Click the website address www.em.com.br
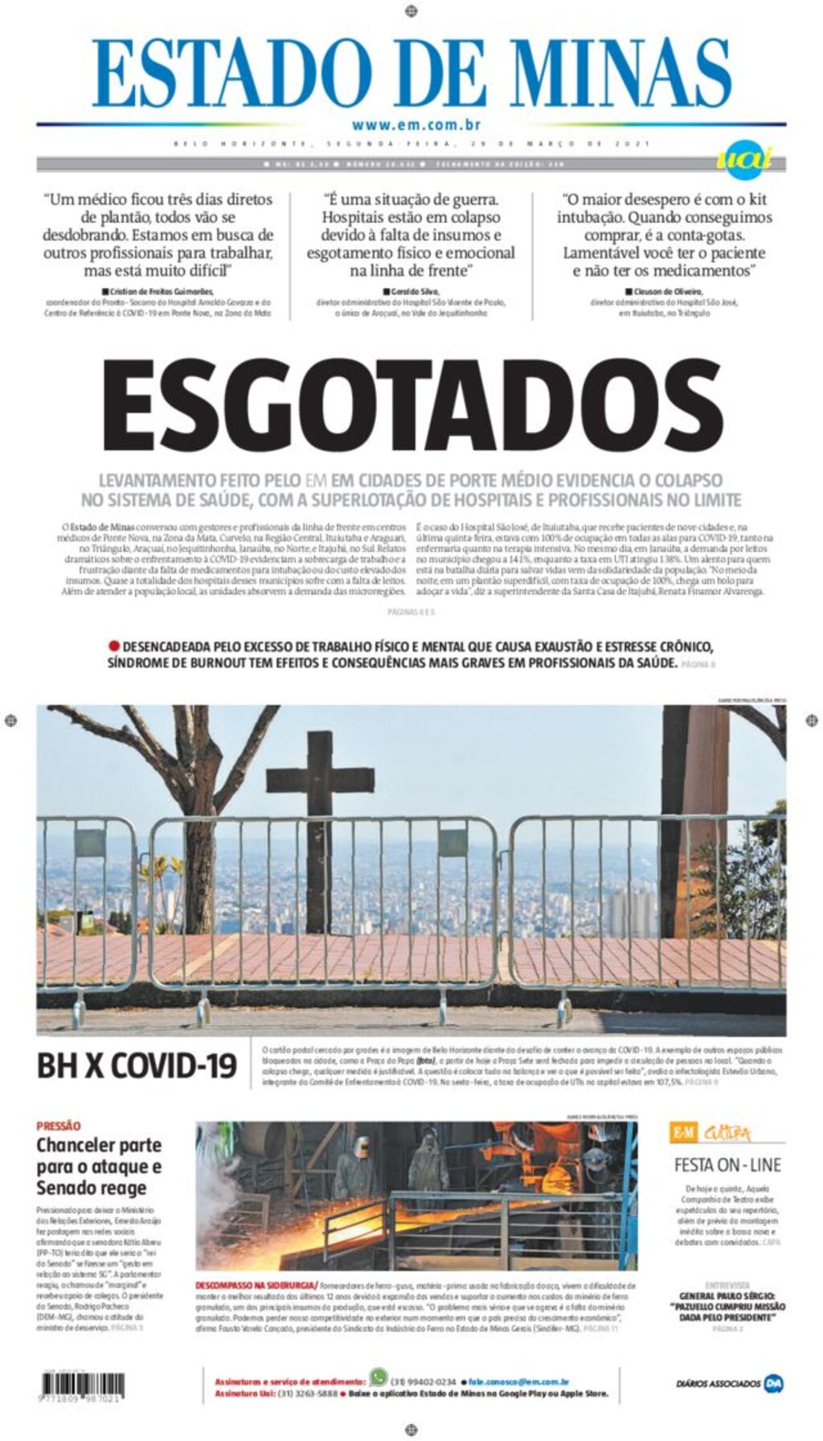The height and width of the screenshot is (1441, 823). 416,125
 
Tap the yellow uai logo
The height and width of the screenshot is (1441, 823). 743,157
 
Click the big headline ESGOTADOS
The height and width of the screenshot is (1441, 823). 411,406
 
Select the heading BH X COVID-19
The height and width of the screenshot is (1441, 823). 137,1066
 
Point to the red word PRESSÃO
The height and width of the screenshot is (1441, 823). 59,1126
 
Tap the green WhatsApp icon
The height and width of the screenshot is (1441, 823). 378,1375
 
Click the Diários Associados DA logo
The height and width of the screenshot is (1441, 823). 773,1383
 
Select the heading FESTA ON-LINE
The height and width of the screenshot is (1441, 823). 727,1164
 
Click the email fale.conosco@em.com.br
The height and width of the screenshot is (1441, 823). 519,1381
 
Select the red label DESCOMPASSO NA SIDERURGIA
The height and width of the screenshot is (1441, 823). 256,1286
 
